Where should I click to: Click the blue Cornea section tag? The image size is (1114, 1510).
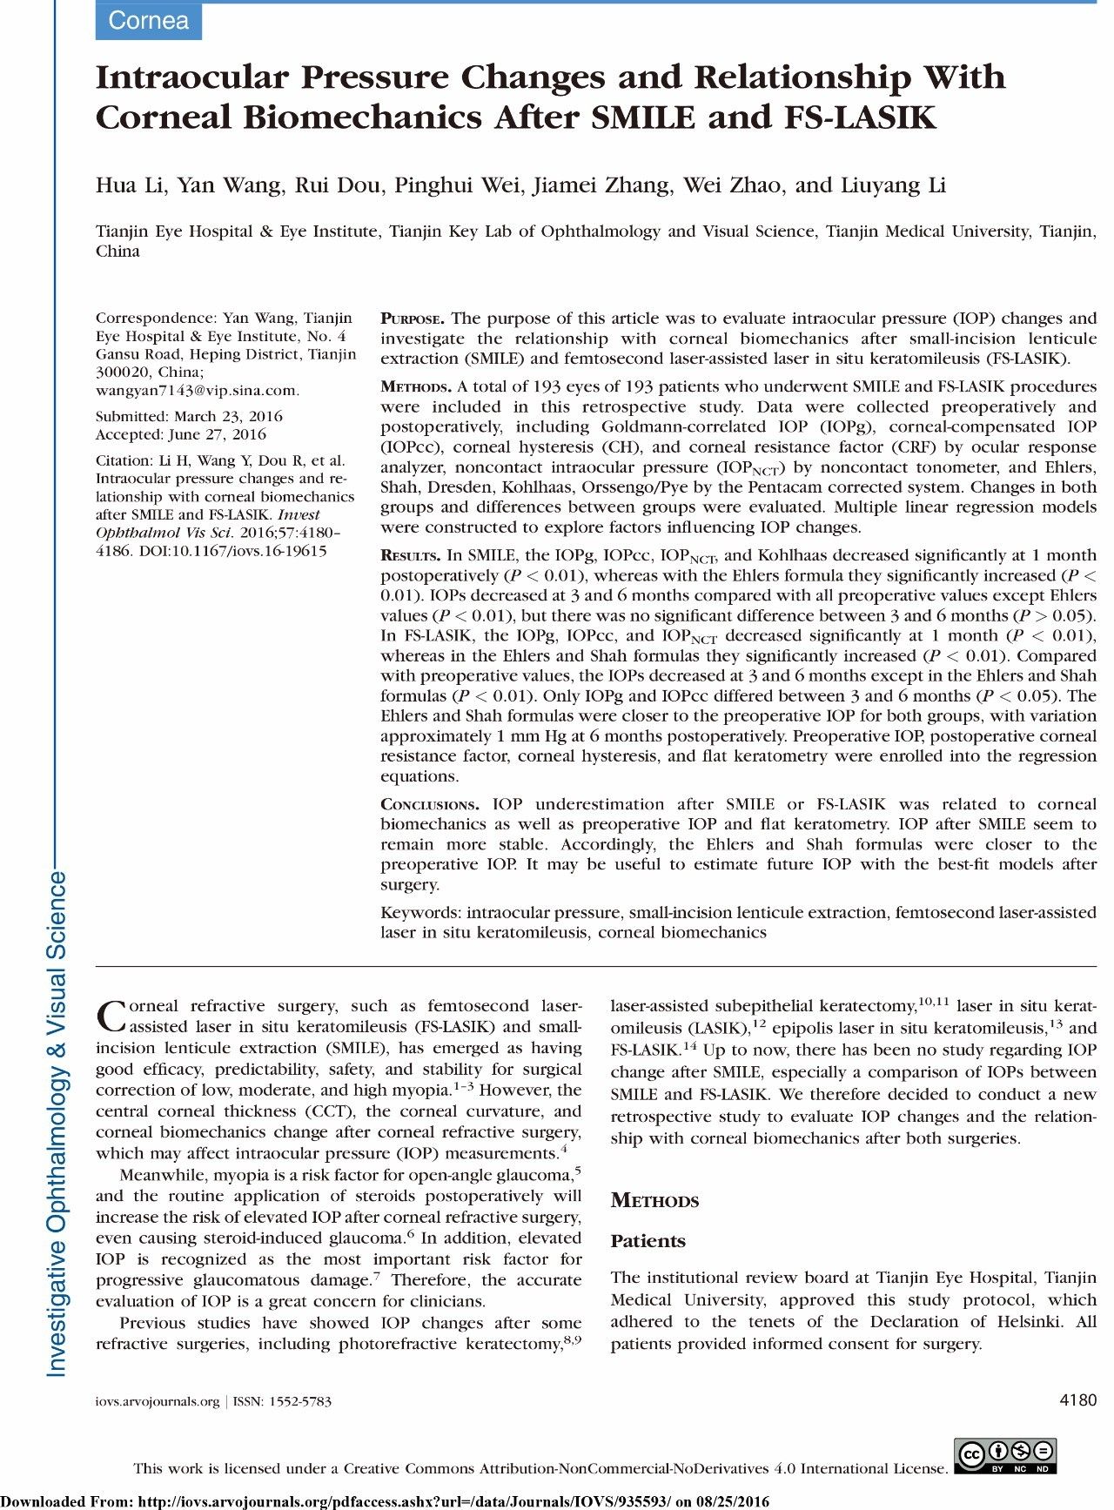[148, 21]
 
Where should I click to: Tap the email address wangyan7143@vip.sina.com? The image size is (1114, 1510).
[197, 391]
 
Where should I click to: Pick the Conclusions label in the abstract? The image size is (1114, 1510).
[429, 805]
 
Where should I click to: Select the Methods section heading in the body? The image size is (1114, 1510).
[654, 1201]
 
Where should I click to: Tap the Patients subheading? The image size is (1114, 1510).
[648, 1241]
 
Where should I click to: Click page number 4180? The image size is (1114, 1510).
[1078, 1400]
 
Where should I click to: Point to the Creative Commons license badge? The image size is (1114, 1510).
[1005, 1456]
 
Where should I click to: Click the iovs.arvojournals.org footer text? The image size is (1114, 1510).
[158, 1402]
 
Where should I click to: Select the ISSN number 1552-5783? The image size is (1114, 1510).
[300, 1402]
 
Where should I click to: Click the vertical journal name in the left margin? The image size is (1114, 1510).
[57, 1123]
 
